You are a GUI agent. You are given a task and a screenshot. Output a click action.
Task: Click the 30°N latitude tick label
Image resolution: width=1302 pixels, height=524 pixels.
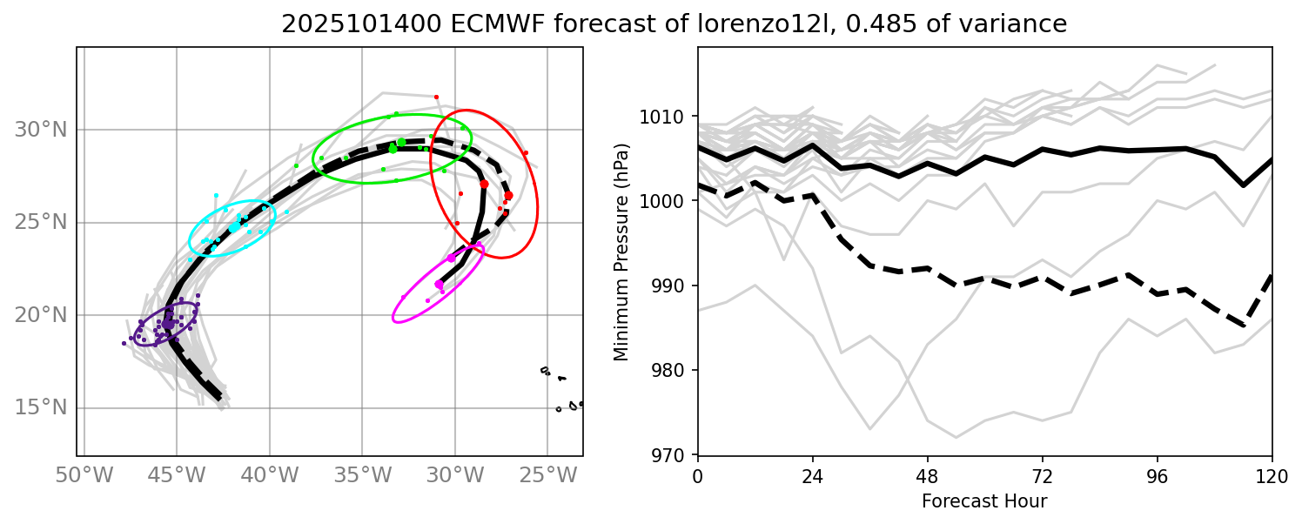40,130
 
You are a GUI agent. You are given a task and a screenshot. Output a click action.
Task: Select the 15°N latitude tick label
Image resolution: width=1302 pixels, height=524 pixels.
40,408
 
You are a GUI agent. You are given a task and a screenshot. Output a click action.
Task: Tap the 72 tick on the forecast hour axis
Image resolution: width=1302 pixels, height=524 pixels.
1042,476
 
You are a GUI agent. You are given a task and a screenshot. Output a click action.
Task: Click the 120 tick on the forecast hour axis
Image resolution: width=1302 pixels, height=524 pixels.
1272,476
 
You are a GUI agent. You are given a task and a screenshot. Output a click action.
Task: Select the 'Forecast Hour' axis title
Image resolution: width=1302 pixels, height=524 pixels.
984,501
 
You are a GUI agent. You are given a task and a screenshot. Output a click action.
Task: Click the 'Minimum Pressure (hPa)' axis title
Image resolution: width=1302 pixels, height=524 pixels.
621,251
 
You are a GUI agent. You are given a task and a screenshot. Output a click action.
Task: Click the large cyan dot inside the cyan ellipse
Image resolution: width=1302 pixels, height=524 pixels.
234,226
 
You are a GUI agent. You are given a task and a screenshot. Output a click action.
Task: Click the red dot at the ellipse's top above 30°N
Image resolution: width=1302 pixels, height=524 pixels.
436,97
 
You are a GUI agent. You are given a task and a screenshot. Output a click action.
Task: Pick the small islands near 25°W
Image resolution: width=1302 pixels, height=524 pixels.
561,392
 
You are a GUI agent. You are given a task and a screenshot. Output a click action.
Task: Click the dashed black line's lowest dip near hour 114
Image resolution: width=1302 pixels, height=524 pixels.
1243,326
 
